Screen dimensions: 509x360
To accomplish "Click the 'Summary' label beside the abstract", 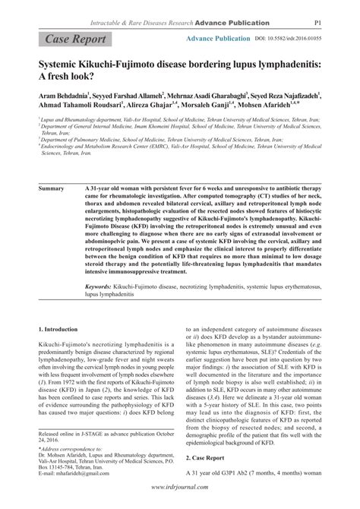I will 52,186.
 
